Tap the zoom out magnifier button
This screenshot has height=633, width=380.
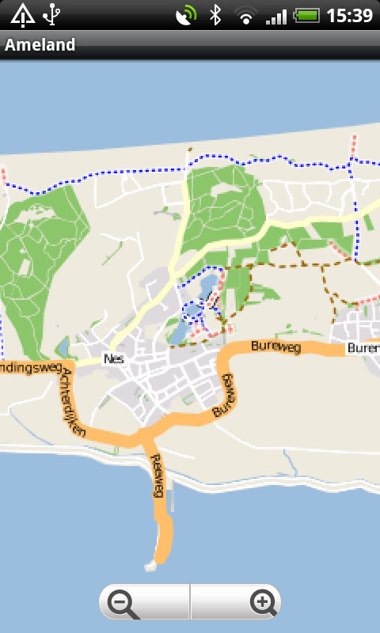point(124,604)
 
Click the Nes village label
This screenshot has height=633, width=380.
point(114,358)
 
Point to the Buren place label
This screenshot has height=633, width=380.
point(362,348)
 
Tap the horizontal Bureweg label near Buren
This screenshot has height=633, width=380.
point(272,345)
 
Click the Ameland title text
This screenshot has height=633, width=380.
point(40,45)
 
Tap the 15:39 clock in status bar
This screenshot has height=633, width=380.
point(349,15)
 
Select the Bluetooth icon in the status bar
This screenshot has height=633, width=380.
point(215,15)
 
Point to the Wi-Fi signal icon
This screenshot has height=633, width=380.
point(246,15)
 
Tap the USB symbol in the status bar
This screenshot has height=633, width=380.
point(53,14)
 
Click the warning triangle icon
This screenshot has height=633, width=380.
point(22,14)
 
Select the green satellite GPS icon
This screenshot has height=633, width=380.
point(187,15)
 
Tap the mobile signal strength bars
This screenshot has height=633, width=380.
point(275,15)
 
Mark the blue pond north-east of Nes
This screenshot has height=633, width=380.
point(207,287)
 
